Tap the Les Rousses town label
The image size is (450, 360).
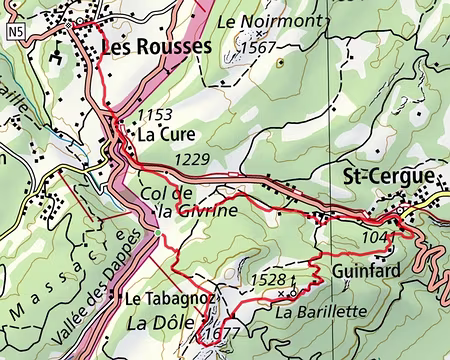(x=156, y=47)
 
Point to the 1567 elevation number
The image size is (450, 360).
(x=258, y=47)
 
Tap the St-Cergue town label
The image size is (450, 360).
(x=388, y=177)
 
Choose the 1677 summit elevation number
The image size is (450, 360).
(x=221, y=334)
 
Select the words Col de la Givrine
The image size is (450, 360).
(x=197, y=202)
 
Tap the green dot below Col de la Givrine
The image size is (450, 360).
(x=158, y=234)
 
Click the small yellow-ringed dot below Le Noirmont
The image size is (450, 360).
(x=280, y=62)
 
